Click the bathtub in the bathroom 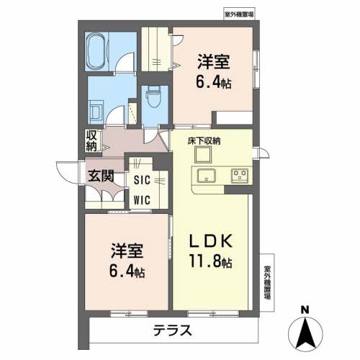[x=95, y=51]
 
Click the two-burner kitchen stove [x=239, y=174]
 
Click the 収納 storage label [x=91, y=140]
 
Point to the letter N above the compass [x=305, y=310]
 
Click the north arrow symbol [x=305, y=333]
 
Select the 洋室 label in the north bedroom [x=215, y=60]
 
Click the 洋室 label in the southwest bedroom [x=127, y=251]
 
